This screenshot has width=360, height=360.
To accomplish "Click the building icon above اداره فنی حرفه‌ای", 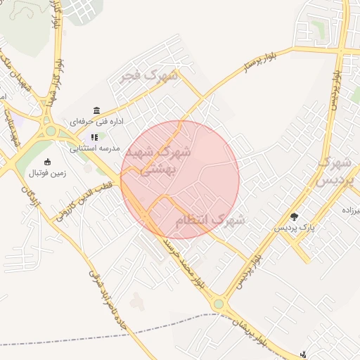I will (x=96, y=110).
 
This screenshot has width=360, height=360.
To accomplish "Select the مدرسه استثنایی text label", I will (x=96, y=148).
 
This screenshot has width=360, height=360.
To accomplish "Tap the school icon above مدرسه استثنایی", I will (x=94, y=137).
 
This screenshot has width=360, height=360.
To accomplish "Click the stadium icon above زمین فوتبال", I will (x=47, y=162).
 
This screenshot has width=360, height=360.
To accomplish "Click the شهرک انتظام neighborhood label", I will (x=210, y=221).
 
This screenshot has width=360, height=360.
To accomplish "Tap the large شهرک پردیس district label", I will (x=334, y=172).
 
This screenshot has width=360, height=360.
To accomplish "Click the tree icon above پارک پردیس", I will (x=294, y=217).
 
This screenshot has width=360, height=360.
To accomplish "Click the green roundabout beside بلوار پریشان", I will (x=219, y=304).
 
